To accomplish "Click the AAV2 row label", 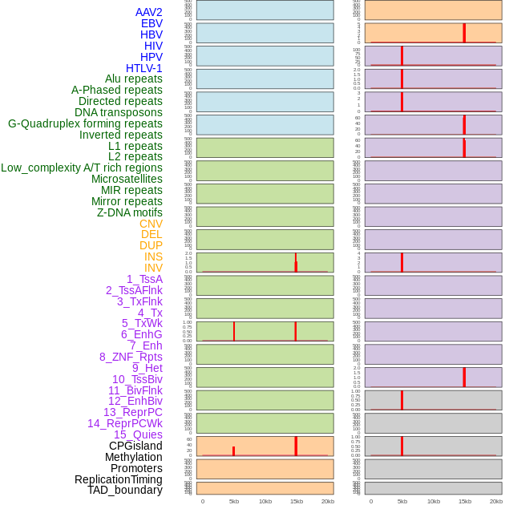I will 148,12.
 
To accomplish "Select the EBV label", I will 151,23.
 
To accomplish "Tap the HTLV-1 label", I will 143,68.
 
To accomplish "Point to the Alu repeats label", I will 133,79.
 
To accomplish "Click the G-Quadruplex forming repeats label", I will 85,123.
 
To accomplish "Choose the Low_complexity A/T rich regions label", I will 82,168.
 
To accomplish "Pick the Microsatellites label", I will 127,179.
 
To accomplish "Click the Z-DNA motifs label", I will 129,212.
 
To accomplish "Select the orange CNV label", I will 151,224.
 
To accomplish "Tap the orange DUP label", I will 151,245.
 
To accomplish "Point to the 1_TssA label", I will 144,279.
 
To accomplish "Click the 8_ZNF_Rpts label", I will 131,357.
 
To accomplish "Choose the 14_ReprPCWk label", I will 125,423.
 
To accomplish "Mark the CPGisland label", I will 135,446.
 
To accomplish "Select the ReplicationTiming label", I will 118,479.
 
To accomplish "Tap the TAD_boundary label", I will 125,490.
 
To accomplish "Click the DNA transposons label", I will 119,112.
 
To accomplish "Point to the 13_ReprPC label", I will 132,412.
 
